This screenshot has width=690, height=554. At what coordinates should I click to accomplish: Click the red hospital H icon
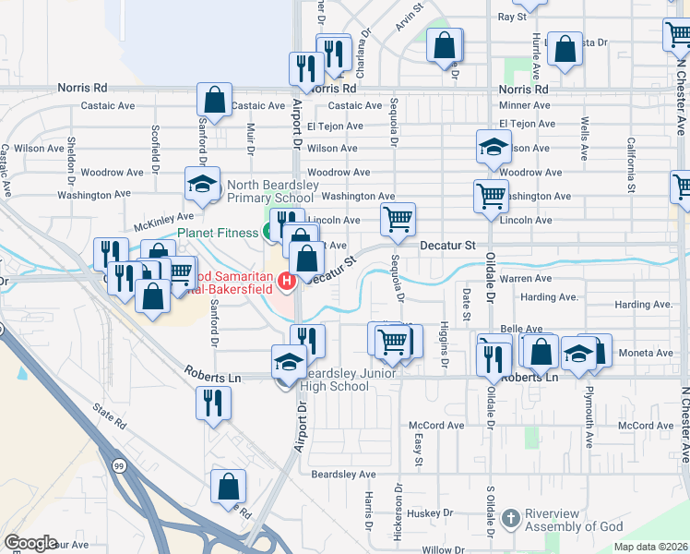tap(286, 280)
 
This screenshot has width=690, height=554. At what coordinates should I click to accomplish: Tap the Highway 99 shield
tap(120, 462)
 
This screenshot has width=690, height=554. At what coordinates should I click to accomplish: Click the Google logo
tap(30, 543)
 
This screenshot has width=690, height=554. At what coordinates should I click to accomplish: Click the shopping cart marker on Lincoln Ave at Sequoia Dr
tap(398, 220)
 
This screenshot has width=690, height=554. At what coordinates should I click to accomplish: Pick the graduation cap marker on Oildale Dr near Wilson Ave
tap(494, 146)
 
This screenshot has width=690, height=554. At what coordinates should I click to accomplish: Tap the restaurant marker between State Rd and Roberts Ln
tap(213, 402)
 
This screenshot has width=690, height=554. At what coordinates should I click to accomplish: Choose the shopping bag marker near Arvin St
tap(445, 43)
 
